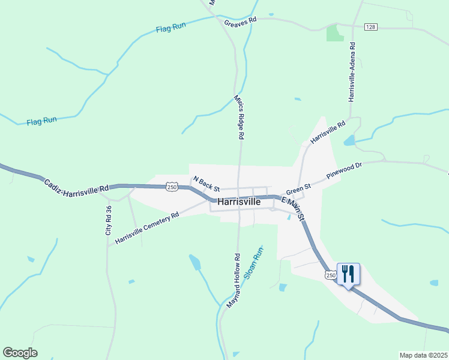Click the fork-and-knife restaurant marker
(x=348, y=274)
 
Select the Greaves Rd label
(x=240, y=22)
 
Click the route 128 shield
(x=370, y=27)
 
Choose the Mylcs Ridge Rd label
(x=239, y=116)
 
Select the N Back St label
(x=206, y=184)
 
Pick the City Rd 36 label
(x=109, y=220)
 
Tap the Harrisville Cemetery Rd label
(x=147, y=228)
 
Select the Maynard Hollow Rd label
(x=233, y=281)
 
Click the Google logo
(x=20, y=353)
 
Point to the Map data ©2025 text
(x=423, y=355)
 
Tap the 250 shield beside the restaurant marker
(x=330, y=274)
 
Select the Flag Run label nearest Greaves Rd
(x=172, y=28)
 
